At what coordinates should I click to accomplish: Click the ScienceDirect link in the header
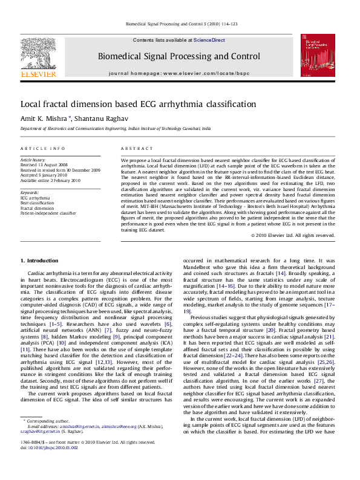[209, 40]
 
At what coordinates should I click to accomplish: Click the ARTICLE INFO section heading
[41, 148]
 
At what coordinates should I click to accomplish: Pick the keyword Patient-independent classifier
[48, 213]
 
